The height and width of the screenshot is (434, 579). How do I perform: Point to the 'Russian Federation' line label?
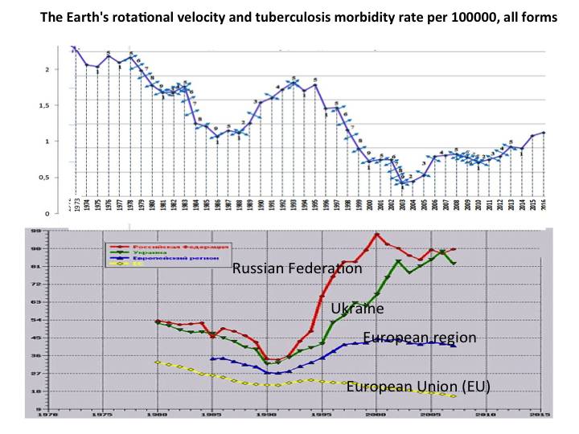(297, 269)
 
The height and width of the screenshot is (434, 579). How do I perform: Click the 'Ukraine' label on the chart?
(357, 308)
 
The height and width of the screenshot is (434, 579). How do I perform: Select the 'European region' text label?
(420, 338)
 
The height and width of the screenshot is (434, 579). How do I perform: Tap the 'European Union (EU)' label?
(418, 387)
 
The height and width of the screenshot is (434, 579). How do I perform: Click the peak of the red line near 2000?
(376, 234)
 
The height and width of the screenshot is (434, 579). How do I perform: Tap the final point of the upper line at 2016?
(544, 133)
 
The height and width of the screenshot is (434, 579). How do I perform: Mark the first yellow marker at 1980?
(158, 362)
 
